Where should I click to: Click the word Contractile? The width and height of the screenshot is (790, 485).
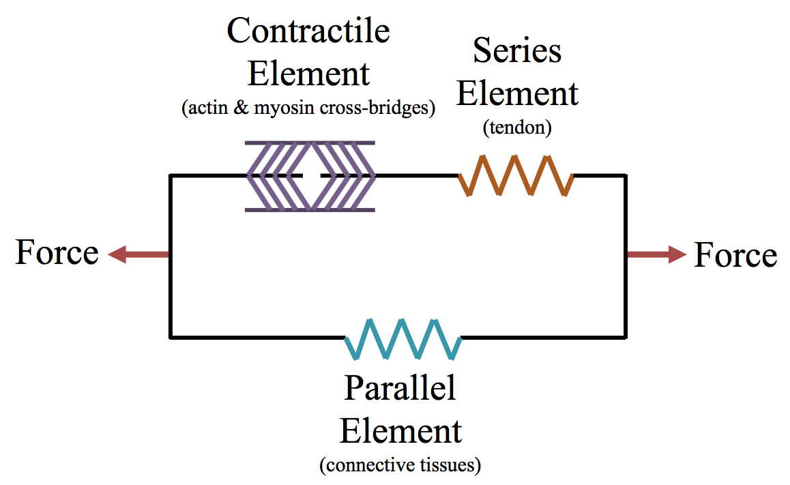click(x=308, y=31)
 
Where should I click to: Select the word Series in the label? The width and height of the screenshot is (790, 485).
click(x=517, y=50)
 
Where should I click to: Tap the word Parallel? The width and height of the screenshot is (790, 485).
click(x=400, y=388)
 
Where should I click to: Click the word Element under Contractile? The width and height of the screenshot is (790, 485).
click(x=308, y=73)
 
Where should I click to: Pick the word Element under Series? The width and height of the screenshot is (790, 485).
click(x=517, y=93)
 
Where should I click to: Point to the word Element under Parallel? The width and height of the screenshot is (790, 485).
click(x=400, y=431)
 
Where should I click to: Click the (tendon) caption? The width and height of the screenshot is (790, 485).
click(x=517, y=128)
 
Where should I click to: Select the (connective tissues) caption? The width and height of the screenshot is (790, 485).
click(x=400, y=465)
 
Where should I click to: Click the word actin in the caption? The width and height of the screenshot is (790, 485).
click(x=209, y=108)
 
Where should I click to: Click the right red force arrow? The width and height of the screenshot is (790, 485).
click(x=656, y=255)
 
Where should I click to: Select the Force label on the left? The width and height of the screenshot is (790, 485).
click(x=57, y=252)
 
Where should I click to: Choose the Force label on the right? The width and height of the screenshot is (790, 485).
click(x=735, y=255)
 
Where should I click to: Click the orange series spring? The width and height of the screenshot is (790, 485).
click(x=516, y=176)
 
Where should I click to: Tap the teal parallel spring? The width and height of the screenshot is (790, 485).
click(x=403, y=338)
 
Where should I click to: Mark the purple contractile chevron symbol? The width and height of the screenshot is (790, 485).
click(x=310, y=176)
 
